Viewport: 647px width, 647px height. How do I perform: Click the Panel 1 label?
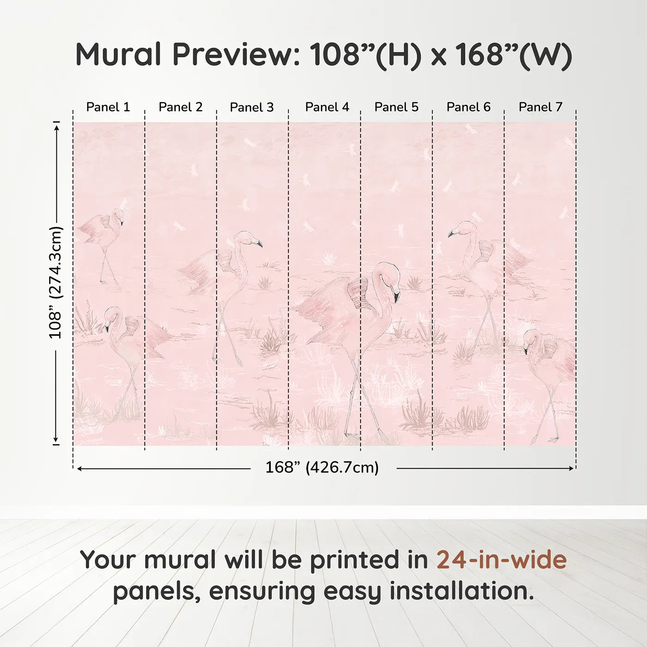pos(108,107)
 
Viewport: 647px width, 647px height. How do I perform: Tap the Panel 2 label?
pos(180,107)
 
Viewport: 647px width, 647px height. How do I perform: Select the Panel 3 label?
pos(252,107)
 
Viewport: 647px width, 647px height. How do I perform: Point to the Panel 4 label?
pos(327,107)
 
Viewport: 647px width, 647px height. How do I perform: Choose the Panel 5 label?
pos(397,107)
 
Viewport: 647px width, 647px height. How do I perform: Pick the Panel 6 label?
pos(468,107)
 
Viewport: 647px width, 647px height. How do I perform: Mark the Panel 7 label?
pos(540,107)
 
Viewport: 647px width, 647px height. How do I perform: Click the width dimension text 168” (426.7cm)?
pos(322,468)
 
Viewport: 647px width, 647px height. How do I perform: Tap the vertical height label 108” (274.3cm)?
pos(55,282)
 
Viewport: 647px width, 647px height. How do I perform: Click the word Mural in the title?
pos(118,55)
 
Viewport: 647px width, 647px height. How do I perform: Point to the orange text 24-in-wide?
pos(501,560)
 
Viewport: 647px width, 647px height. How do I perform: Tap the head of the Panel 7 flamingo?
pos(531,337)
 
